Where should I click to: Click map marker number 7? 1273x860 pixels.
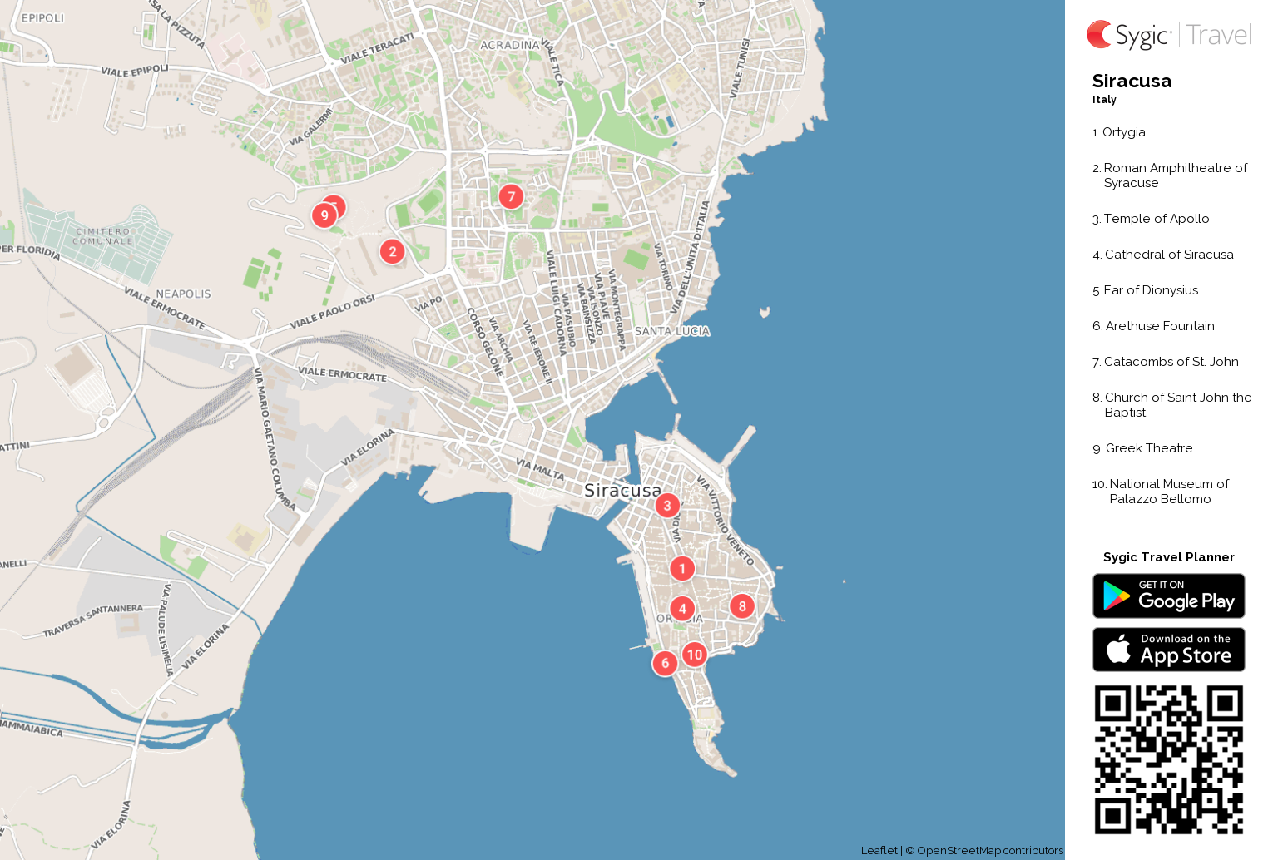point(511,196)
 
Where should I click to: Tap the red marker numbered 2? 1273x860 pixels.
point(393,251)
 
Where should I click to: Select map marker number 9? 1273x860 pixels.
point(324,215)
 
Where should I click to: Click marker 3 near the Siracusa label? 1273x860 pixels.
point(666,505)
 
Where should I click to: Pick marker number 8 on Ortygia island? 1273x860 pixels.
point(742,606)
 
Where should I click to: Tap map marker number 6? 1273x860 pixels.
point(665,663)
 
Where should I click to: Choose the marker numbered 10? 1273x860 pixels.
point(695,655)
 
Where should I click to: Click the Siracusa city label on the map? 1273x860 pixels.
point(622,491)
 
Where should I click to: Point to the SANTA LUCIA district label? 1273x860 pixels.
point(672,331)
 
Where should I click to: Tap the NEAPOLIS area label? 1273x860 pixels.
point(183,294)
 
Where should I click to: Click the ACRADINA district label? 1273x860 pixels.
point(509,45)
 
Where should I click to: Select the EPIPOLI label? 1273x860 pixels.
point(42,17)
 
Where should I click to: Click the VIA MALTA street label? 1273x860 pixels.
point(540,469)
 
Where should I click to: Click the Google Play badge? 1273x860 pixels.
point(1168,596)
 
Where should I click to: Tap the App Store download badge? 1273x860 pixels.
point(1168,649)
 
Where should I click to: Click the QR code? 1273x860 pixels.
point(1168,759)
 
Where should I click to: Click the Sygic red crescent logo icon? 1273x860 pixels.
point(1099,34)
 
